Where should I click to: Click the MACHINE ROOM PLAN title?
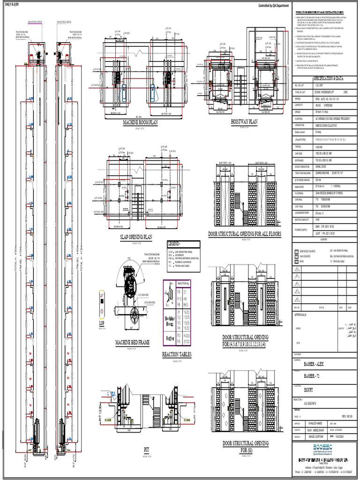(141, 123)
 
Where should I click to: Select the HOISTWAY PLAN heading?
(244, 121)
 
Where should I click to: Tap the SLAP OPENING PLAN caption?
(136, 237)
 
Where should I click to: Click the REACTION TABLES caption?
(177, 355)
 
